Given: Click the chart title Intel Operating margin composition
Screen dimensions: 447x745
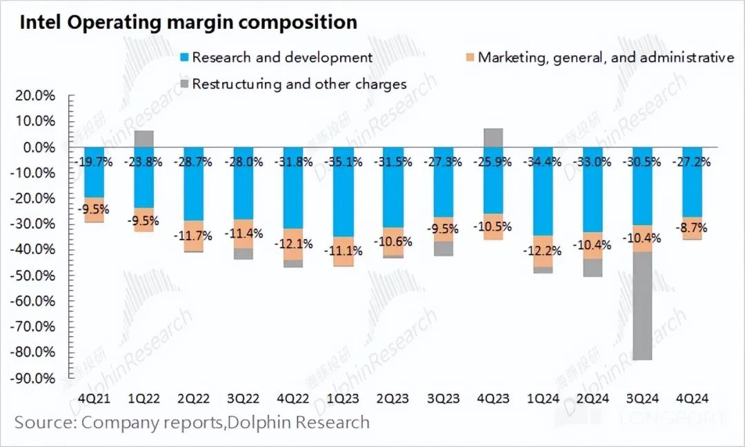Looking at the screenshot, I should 188,22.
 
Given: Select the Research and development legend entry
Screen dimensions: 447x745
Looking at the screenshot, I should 276,57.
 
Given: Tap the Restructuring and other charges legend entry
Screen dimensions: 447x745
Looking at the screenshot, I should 292,84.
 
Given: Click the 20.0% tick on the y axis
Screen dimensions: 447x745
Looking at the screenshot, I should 35,96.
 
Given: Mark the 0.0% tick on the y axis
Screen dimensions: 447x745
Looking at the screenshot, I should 39,147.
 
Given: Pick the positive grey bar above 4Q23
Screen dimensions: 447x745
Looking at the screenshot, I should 493,137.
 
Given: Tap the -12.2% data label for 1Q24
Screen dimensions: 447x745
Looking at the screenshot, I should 543,251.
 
